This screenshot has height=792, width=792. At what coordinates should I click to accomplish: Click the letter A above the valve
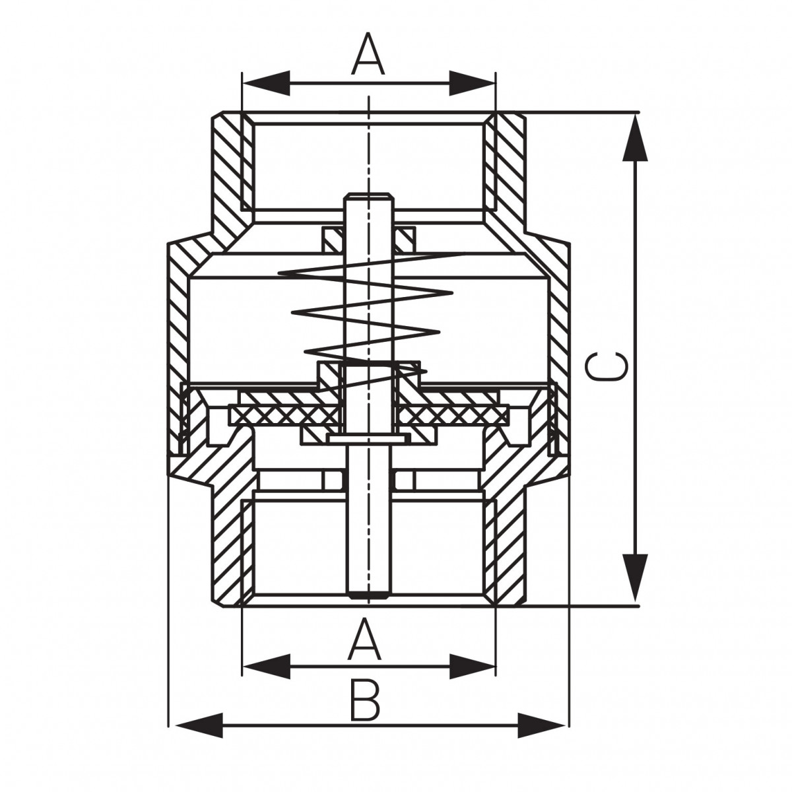[x=368, y=54]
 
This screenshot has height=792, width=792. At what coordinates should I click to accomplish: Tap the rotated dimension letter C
[x=607, y=366]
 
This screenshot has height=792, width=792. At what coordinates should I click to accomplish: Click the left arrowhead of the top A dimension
[x=267, y=83]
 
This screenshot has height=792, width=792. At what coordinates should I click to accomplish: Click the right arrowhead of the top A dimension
[x=472, y=83]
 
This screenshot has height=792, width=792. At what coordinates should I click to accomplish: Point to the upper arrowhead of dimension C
[x=635, y=138]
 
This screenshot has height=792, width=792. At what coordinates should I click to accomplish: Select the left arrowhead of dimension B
[x=199, y=737]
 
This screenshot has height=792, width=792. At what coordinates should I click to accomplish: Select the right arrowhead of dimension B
[x=541, y=737]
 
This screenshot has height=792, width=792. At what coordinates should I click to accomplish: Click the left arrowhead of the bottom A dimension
[x=267, y=666]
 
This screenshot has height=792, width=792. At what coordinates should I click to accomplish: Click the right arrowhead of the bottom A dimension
[x=472, y=666]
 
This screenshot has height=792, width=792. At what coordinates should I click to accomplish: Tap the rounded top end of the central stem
[x=369, y=195]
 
